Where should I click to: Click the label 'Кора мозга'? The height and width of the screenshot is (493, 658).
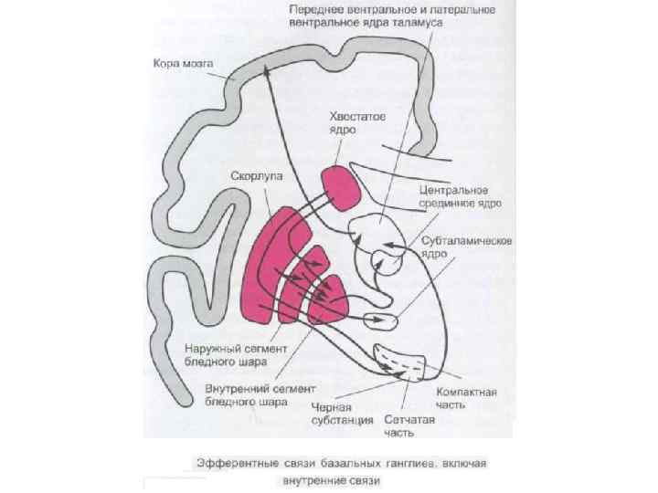[183, 64]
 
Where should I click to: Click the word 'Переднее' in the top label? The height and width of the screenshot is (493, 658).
[315, 10]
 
